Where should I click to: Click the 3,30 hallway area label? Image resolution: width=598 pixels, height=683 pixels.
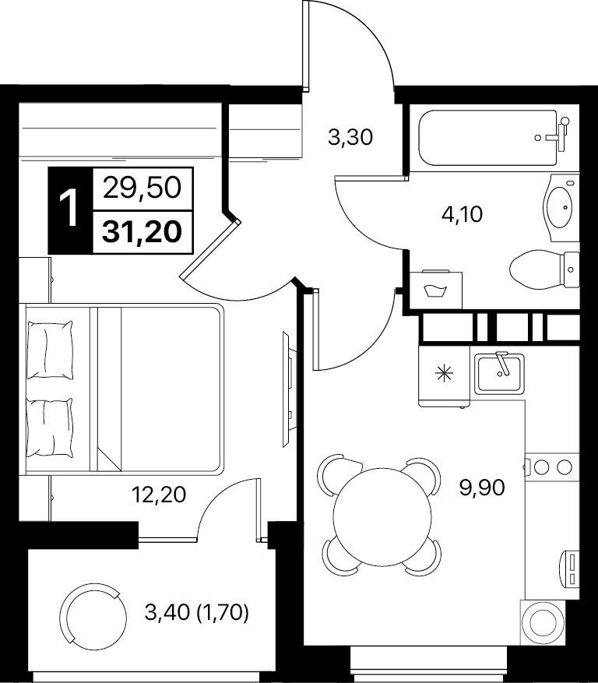tap(350, 138)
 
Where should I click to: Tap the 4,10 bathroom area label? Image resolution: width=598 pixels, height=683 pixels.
tap(462, 214)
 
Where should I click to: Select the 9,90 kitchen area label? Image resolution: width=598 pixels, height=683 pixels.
tap(482, 488)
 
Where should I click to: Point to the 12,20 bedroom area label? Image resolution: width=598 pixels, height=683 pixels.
tap(159, 495)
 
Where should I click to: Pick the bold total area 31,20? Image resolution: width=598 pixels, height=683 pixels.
tap(142, 232)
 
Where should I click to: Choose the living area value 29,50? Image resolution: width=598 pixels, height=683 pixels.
tap(142, 188)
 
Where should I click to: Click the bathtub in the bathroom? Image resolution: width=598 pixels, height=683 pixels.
tap(487, 138)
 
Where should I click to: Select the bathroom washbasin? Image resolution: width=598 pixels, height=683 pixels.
tap(561, 208)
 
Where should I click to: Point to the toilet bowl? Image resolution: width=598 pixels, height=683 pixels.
tap(544, 269)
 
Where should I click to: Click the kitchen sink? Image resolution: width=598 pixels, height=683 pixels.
tap(499, 373)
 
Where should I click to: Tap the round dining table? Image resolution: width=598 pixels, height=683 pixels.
tap(377, 516)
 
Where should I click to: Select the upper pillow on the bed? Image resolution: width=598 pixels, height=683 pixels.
tap(50, 350)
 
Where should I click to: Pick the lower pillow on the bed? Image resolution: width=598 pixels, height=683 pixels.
tap(50, 428)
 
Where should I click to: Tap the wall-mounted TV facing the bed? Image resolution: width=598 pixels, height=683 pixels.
tap(287, 389)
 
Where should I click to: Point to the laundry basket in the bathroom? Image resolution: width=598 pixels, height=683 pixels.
tap(436, 289)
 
